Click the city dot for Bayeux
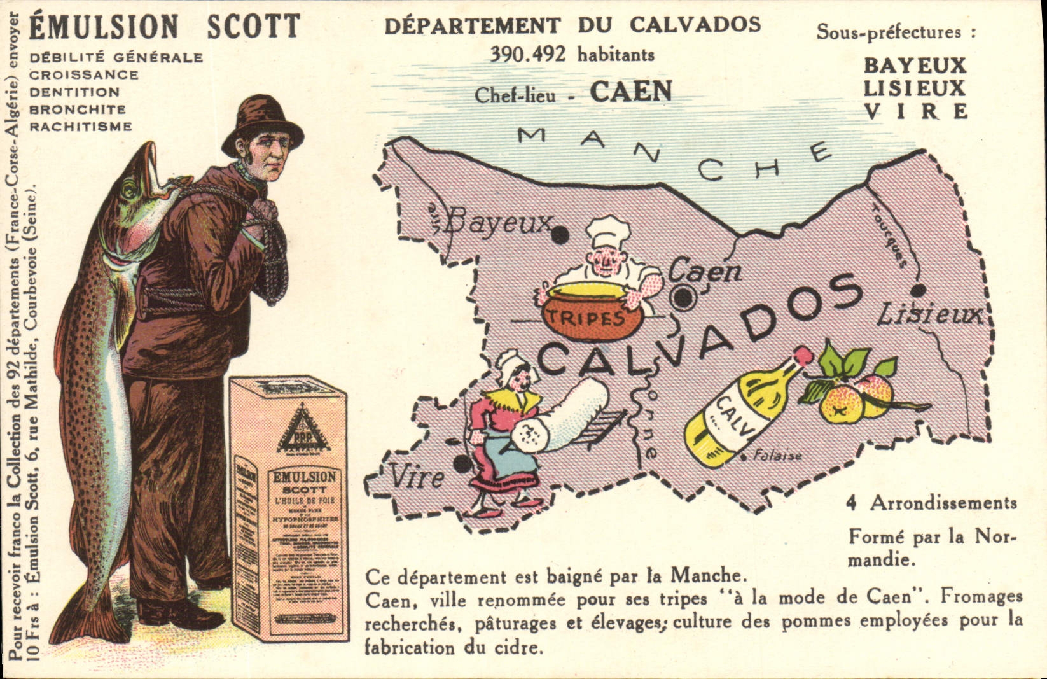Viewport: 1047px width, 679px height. pyautogui.click(x=560, y=235)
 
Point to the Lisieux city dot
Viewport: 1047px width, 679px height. pyautogui.click(x=917, y=291)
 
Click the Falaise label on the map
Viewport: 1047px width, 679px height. pyautogui.click(x=777, y=456)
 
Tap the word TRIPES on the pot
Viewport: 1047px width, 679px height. pyautogui.click(x=590, y=317)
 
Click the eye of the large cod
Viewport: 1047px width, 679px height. pyautogui.click(x=130, y=189)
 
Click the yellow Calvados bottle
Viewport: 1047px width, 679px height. pyautogui.click(x=738, y=407)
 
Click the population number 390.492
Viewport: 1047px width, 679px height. pyautogui.click(x=527, y=55)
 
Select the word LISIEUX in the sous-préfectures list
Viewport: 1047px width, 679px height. pyautogui.click(x=914, y=88)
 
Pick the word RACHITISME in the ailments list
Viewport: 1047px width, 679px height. pyautogui.click(x=81, y=127)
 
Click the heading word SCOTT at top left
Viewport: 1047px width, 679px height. pyautogui.click(x=253, y=27)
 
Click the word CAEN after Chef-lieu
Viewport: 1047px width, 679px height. pyautogui.click(x=631, y=92)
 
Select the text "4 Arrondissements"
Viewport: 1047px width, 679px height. pyautogui.click(x=931, y=503)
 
